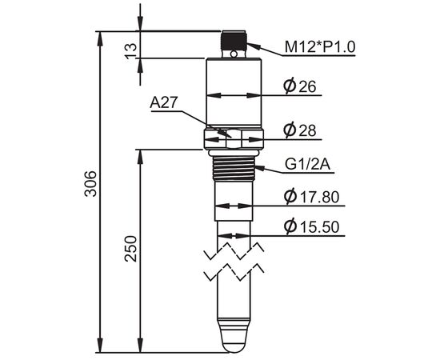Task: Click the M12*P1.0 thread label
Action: (320, 47)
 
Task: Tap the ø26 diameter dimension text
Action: (300, 86)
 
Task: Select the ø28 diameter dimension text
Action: (300, 130)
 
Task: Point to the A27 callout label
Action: (164, 102)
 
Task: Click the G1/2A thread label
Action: (308, 165)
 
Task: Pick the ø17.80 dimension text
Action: (311, 196)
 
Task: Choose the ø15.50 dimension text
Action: (311, 226)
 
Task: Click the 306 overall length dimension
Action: (90, 183)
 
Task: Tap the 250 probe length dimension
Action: (130, 249)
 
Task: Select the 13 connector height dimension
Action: (131, 50)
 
